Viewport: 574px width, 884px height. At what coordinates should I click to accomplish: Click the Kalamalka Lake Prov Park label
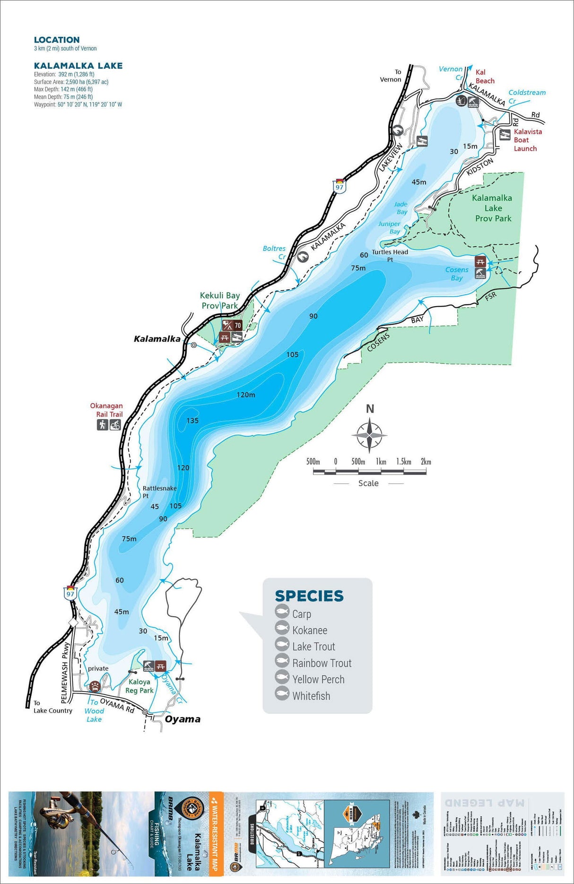coord(493,208)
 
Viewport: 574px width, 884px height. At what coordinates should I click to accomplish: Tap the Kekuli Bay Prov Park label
coord(220,300)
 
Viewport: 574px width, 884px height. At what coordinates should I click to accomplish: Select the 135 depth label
coord(192,421)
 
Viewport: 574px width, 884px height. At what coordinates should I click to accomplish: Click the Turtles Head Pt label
coord(390,255)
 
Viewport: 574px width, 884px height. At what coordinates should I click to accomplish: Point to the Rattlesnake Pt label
coord(159,491)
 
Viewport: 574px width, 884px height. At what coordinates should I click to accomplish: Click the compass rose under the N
coord(369,435)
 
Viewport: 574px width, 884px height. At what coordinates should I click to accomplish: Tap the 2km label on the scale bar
coord(426,462)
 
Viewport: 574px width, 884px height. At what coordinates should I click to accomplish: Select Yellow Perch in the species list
coord(318,679)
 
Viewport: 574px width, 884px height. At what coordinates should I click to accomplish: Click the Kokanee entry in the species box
coord(309,630)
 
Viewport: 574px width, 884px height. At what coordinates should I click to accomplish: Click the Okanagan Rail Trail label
coord(106,410)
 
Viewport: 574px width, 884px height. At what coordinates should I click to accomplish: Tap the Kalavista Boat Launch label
coord(527,140)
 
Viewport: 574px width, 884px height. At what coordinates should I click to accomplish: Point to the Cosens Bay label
coord(457,274)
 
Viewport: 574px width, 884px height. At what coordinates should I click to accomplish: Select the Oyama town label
coord(183,719)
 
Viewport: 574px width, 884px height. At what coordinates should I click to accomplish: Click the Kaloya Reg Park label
coord(139,686)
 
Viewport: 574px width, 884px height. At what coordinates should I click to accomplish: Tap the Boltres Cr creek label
coord(275,252)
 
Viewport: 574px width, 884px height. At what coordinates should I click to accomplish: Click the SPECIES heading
coord(309,596)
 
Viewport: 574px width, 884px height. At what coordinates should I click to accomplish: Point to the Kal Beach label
coord(484,77)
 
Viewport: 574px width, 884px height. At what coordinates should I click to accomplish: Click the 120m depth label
coord(246,395)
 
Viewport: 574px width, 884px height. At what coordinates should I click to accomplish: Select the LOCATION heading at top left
coord(57,40)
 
